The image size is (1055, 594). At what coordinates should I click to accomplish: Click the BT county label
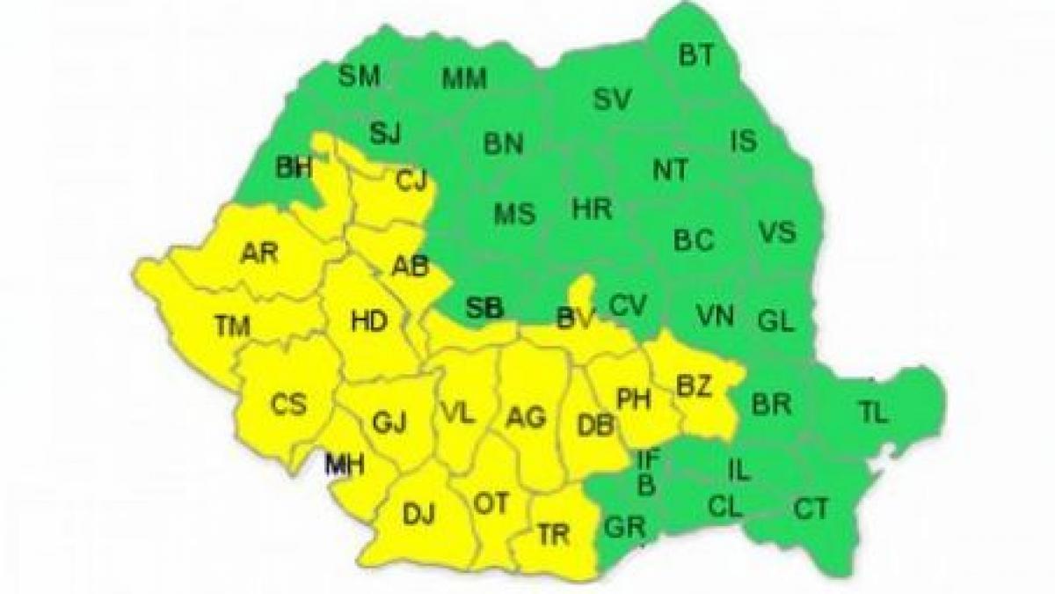coord(696,55)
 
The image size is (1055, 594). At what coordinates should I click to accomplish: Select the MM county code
coord(463,79)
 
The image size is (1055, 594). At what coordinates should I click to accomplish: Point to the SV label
coord(612,99)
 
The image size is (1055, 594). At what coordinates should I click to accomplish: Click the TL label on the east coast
coord(873,412)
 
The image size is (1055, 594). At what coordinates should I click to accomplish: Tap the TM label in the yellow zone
coord(232,326)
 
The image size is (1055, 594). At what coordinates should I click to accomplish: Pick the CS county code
coord(288,406)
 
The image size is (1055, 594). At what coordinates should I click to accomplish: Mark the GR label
coord(626,529)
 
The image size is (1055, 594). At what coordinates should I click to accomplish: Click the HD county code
coord(368,322)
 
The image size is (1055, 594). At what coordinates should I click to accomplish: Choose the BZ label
coord(695,385)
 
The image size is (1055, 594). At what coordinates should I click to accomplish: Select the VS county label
coord(776,233)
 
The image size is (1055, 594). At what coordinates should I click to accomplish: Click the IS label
coord(743,141)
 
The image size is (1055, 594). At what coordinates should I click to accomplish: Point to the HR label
coord(592,209)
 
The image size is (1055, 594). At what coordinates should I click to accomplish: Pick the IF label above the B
coord(647,458)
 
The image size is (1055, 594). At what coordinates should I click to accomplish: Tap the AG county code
coord(527,417)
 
